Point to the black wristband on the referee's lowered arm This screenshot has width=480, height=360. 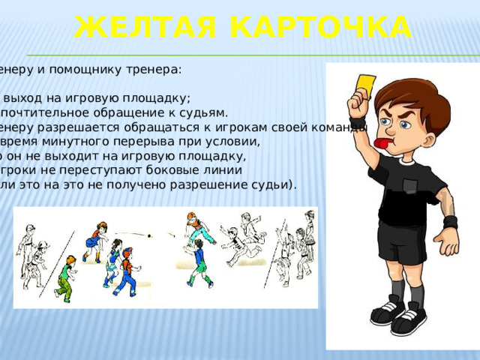450,223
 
